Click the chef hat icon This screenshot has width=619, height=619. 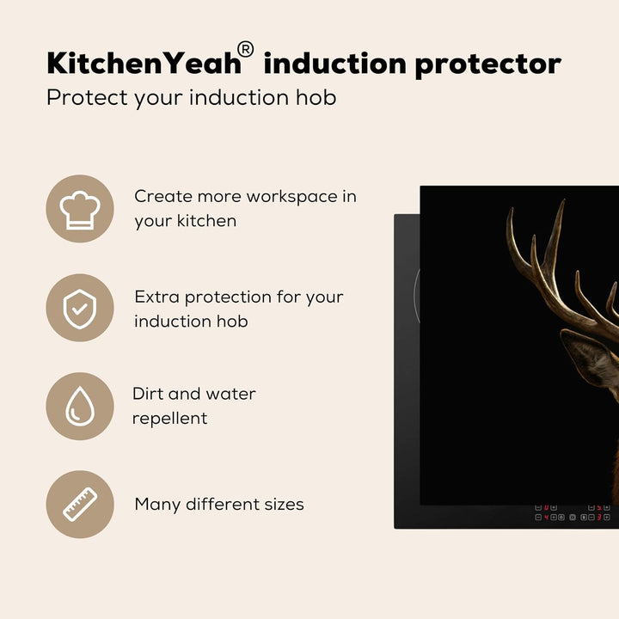pos(80,210)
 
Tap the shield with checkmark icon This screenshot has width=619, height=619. pos(80,309)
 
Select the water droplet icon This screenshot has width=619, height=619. pos(80,406)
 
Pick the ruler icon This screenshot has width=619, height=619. pos(80,505)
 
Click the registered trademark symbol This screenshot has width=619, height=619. pos(245,50)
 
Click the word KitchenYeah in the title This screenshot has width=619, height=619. pos(144,64)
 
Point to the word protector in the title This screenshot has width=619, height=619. pos(488,64)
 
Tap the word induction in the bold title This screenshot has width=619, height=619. pos(334,63)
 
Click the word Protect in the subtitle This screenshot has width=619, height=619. pos(87,97)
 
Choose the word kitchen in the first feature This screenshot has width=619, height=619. pos(206,221)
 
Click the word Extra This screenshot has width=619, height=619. pos(156,297)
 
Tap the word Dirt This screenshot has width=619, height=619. pos(147,394)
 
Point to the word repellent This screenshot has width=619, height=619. pos(169,419)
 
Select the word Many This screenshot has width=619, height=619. pos(157,505)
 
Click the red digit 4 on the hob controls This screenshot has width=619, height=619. pos(547,518)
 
